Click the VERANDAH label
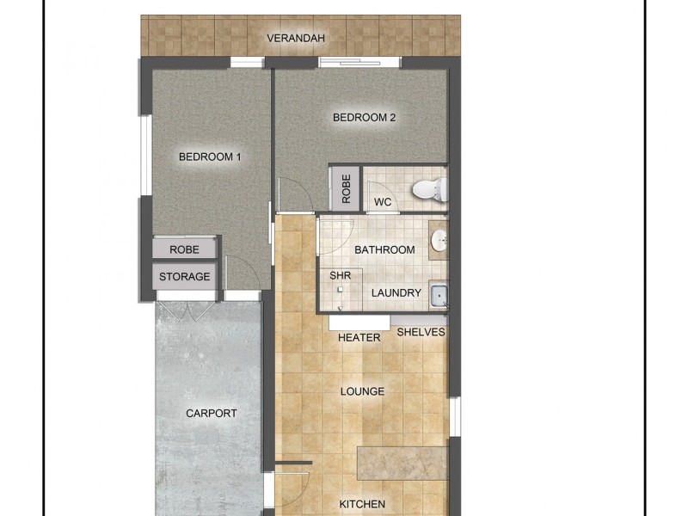click(x=295, y=38)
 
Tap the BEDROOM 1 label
click(x=210, y=157)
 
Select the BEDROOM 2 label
click(x=364, y=118)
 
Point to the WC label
click(x=383, y=203)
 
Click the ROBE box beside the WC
click(x=346, y=188)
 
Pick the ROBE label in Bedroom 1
click(x=184, y=249)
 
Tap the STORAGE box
click(x=184, y=277)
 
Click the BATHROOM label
click(x=384, y=250)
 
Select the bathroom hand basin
click(x=438, y=241)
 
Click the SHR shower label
click(x=340, y=276)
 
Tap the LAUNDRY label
click(x=396, y=293)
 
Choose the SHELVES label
click(x=421, y=332)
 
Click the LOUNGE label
click(x=362, y=391)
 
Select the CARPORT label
click(x=212, y=413)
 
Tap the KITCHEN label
click(x=361, y=504)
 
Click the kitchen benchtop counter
click(x=402, y=464)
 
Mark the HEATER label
click(x=359, y=338)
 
